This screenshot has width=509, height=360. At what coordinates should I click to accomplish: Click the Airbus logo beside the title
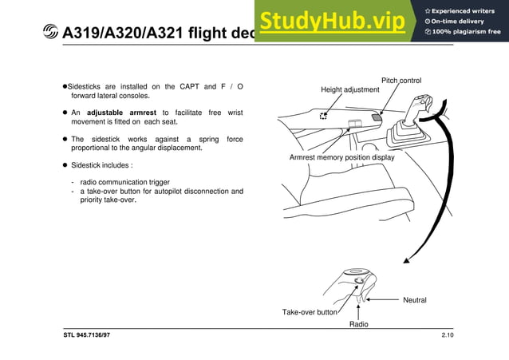pyautogui.click(x=50, y=33)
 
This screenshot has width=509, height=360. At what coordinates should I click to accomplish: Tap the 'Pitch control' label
pyautogui.click(x=401, y=81)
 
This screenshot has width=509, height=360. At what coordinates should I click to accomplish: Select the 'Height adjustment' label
pyautogui.click(x=350, y=89)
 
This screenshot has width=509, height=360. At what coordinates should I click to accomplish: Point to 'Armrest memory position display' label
pyautogui.click(x=341, y=157)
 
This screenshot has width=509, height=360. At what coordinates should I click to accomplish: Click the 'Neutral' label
pyautogui.click(x=415, y=299)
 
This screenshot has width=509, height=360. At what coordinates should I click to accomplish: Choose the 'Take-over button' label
pyautogui.click(x=310, y=312)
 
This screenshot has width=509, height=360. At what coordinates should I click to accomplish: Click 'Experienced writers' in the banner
pyautogui.click(x=464, y=10)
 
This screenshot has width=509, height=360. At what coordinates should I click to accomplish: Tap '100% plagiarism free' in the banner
pyautogui.click(x=464, y=32)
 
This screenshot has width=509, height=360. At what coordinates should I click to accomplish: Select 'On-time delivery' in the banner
pyautogui.click(x=460, y=21)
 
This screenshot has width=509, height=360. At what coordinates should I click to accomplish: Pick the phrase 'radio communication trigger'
pyautogui.click(x=124, y=182)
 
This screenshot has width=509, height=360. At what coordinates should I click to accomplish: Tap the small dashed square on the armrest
pyautogui.click(x=323, y=116)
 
